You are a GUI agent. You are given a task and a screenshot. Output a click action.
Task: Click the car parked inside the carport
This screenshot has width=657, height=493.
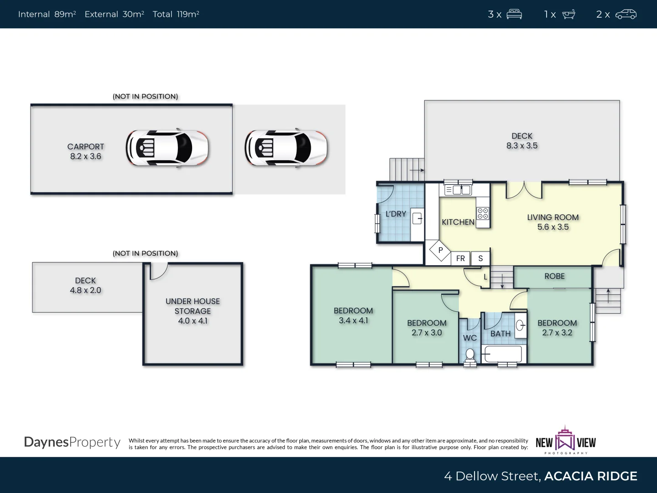[167, 149]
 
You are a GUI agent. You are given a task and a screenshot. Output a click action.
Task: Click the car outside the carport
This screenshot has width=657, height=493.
[286, 149]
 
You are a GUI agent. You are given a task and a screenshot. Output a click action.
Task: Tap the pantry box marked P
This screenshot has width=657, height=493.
[440, 250]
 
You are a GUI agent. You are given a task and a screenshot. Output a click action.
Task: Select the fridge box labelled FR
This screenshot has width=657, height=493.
[460, 258]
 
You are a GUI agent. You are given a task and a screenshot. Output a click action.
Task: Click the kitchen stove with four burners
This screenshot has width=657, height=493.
[483, 213]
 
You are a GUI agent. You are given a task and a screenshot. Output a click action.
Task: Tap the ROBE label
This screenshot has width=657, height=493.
[554, 276]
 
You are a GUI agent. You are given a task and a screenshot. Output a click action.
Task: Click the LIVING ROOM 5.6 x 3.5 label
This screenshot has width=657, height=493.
[553, 222]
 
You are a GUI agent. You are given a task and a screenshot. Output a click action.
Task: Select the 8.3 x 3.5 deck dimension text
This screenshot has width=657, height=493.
[522, 146]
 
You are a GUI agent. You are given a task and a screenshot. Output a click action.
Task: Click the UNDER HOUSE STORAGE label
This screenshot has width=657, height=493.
[193, 311]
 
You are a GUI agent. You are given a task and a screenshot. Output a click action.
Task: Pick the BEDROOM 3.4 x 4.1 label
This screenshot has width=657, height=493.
[353, 315]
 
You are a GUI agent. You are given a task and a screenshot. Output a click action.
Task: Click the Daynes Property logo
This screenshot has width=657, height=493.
[72, 442]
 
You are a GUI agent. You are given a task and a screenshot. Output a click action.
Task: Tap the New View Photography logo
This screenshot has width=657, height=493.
[566, 441]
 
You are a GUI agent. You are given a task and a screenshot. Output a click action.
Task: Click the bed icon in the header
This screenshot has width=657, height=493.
[514, 14]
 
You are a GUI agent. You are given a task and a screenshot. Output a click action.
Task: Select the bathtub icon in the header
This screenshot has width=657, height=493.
[568, 14]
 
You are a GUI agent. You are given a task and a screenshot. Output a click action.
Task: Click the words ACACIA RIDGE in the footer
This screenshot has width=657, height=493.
[590, 476]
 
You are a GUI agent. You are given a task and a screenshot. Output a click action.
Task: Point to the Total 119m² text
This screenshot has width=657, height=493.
[176, 14]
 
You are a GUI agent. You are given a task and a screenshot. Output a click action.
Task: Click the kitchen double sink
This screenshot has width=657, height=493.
[461, 190]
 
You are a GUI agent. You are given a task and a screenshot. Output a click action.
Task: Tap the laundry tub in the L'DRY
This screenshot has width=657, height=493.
[417, 219]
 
